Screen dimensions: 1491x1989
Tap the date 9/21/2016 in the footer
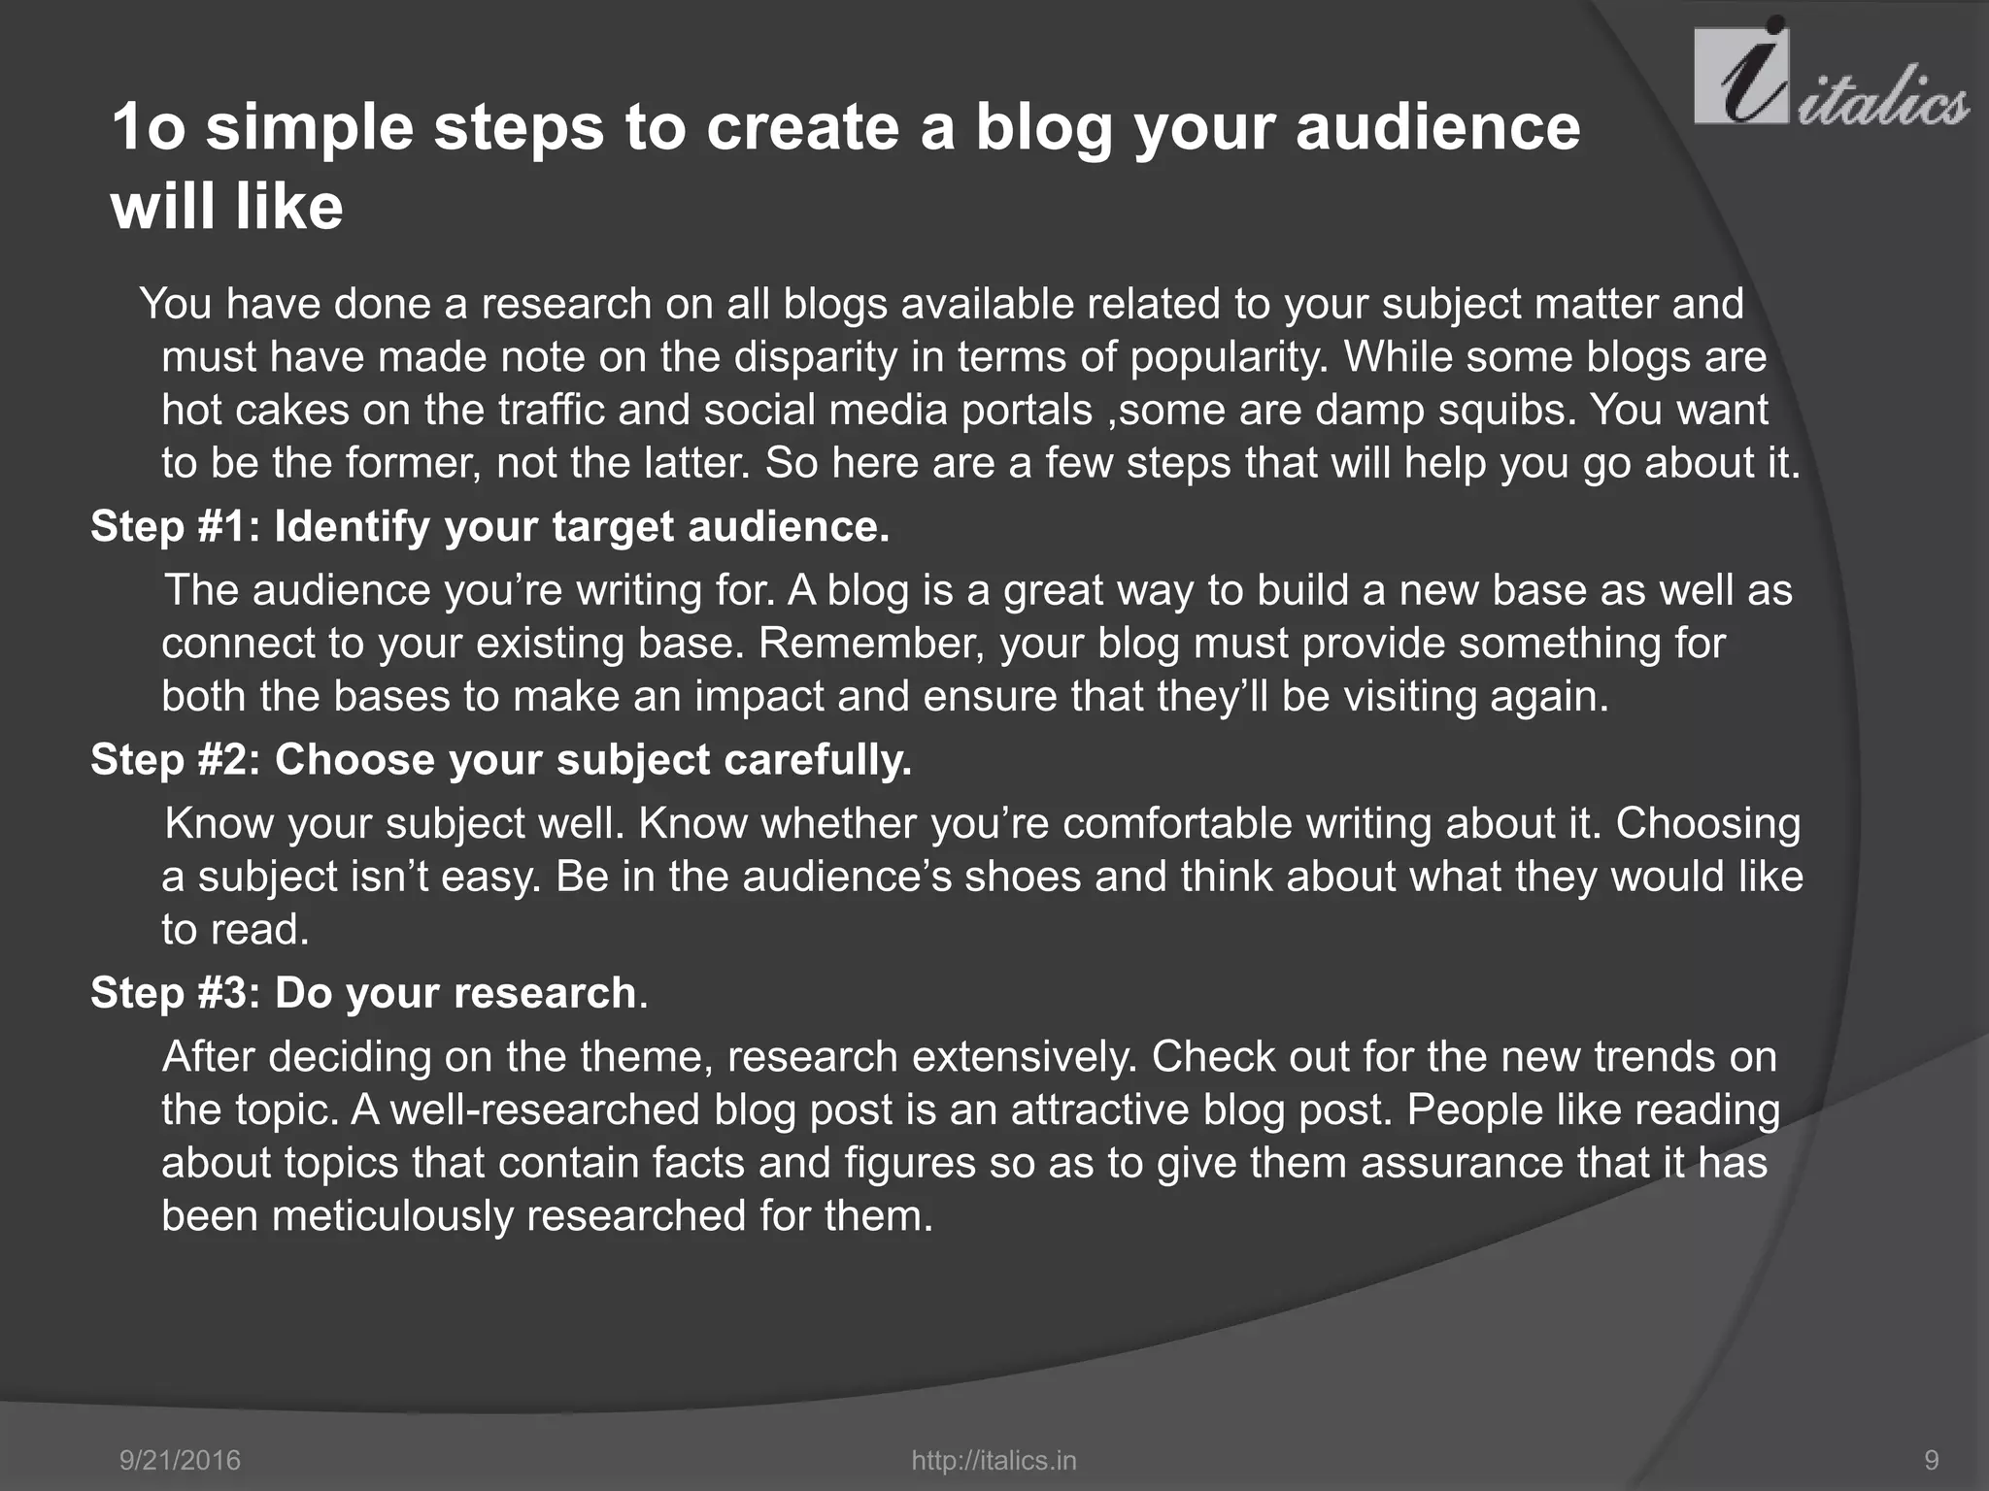(x=180, y=1460)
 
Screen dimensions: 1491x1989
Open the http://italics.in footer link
(x=994, y=1460)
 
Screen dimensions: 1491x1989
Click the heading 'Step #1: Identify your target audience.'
(x=489, y=527)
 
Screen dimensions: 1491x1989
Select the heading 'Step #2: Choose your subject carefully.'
(x=501, y=760)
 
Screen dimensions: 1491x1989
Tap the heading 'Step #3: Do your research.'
(x=368, y=993)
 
